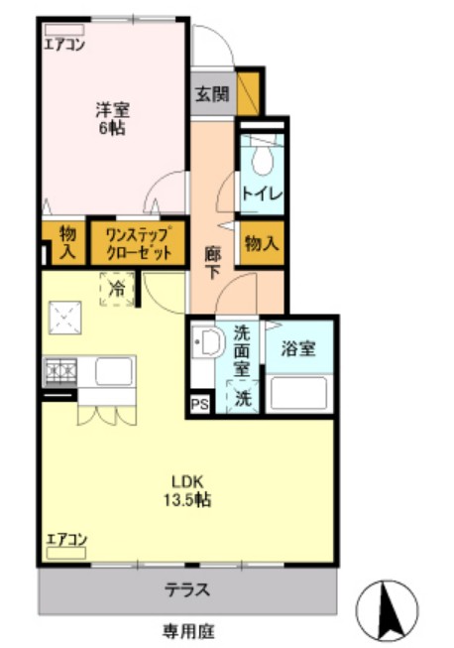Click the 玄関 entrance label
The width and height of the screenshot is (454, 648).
tap(209, 95)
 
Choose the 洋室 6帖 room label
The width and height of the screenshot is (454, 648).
tap(111, 119)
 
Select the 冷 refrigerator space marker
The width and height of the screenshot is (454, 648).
tap(116, 290)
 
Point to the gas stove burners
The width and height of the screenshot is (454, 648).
tap(61, 372)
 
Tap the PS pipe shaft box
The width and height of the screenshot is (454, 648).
tap(200, 405)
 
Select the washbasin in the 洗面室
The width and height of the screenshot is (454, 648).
tap(208, 343)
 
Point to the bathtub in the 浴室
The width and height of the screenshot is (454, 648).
tap(299, 394)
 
